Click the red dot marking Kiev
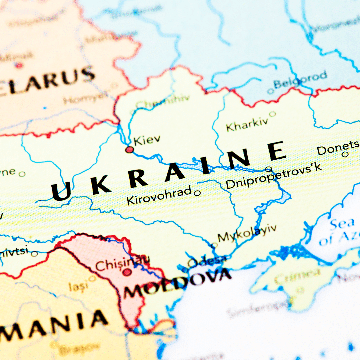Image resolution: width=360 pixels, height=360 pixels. tap(129, 150)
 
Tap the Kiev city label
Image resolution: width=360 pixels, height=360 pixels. tap(147, 140)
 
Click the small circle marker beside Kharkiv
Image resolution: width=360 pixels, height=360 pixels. tap(272, 114)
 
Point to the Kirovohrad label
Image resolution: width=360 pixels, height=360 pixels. tap(159, 199)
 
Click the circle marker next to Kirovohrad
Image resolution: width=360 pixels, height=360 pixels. tap(197, 193)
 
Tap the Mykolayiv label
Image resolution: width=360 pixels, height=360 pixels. tap(247, 234)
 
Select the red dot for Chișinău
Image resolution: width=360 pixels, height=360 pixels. tap(127, 272)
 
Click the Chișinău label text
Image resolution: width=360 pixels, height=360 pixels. tap(122, 263)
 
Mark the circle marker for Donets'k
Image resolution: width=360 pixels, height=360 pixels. tap(345, 154)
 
